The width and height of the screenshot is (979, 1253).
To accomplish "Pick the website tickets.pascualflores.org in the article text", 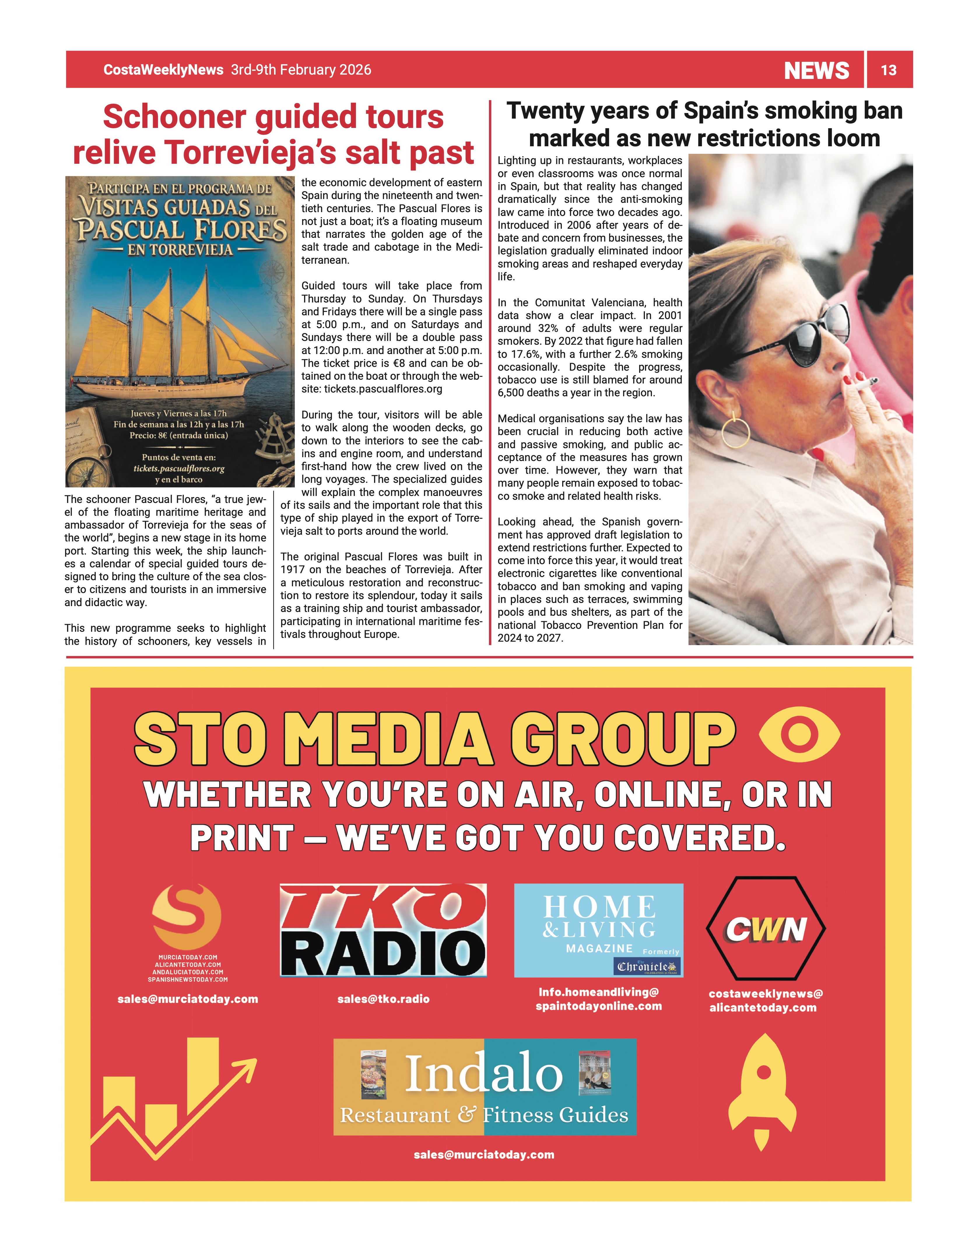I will point(383,389).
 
